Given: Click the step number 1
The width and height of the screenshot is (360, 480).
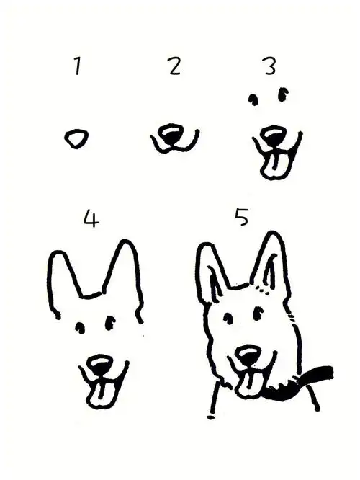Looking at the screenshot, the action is click(x=78, y=66).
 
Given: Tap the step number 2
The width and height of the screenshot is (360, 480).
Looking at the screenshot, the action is click(x=175, y=66).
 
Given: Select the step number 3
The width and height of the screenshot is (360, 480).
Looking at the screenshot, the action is click(x=271, y=66).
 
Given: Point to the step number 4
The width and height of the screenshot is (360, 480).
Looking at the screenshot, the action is click(x=91, y=218).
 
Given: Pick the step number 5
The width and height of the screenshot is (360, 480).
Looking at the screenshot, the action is click(x=242, y=216).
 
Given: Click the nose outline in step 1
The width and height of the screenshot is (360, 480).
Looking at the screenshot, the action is click(x=76, y=138).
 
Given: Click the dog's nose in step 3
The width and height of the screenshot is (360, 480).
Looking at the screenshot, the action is click(x=274, y=135).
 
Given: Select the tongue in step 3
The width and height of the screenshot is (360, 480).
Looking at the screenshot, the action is click(x=276, y=165).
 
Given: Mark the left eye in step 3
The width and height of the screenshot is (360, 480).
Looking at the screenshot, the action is click(x=253, y=99).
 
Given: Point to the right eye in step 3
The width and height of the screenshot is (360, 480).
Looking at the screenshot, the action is click(x=283, y=94).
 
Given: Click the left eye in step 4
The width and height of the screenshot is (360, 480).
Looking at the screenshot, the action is click(x=80, y=328).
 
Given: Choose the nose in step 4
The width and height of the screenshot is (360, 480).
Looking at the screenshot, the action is click(x=99, y=365).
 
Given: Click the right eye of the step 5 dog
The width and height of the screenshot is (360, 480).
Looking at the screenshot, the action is click(x=258, y=313).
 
